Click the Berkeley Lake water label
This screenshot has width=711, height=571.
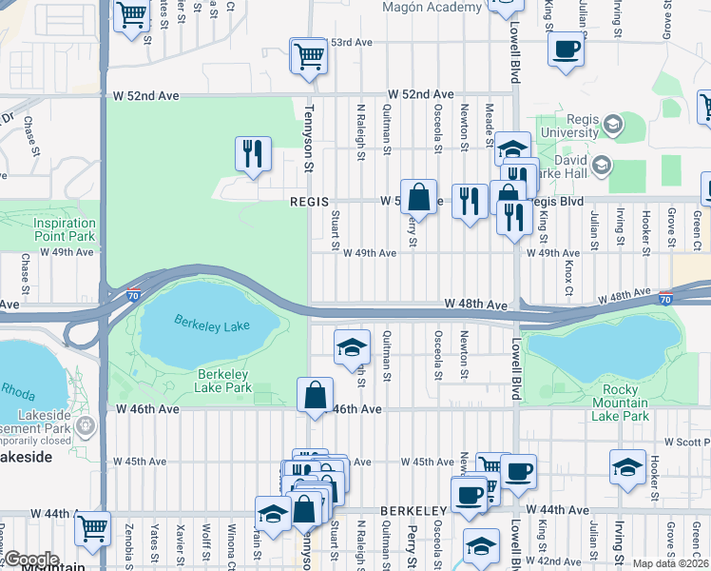(211, 325)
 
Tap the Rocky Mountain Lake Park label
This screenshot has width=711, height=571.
(612, 403)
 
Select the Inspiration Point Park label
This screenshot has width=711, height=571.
(65, 229)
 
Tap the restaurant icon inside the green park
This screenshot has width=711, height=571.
(253, 154)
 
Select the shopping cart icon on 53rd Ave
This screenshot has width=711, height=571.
(308, 56)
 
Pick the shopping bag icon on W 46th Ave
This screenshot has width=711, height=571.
(315, 395)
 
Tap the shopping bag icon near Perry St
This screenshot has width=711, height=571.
(418, 197)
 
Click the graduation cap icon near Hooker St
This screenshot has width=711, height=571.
(626, 467)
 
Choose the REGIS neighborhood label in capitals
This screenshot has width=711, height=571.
(309, 202)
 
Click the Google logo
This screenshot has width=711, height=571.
(30, 561)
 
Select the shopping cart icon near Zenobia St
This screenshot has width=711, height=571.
(92, 528)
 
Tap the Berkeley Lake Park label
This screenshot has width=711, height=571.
(222, 381)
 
